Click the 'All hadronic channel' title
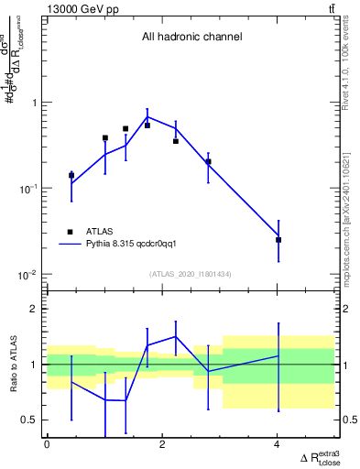click(x=191, y=38)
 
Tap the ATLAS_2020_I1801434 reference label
click(x=191, y=274)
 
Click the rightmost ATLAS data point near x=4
click(x=278, y=240)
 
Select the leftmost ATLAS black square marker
click(x=71, y=175)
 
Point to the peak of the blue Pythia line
click(x=147, y=117)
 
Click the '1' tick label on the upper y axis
click(x=35, y=103)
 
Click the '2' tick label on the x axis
click(x=162, y=444)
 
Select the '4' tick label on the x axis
click(x=278, y=444)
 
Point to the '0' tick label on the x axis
click(x=47, y=444)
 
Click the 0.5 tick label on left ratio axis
click(x=30, y=420)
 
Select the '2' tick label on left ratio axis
click(x=35, y=309)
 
